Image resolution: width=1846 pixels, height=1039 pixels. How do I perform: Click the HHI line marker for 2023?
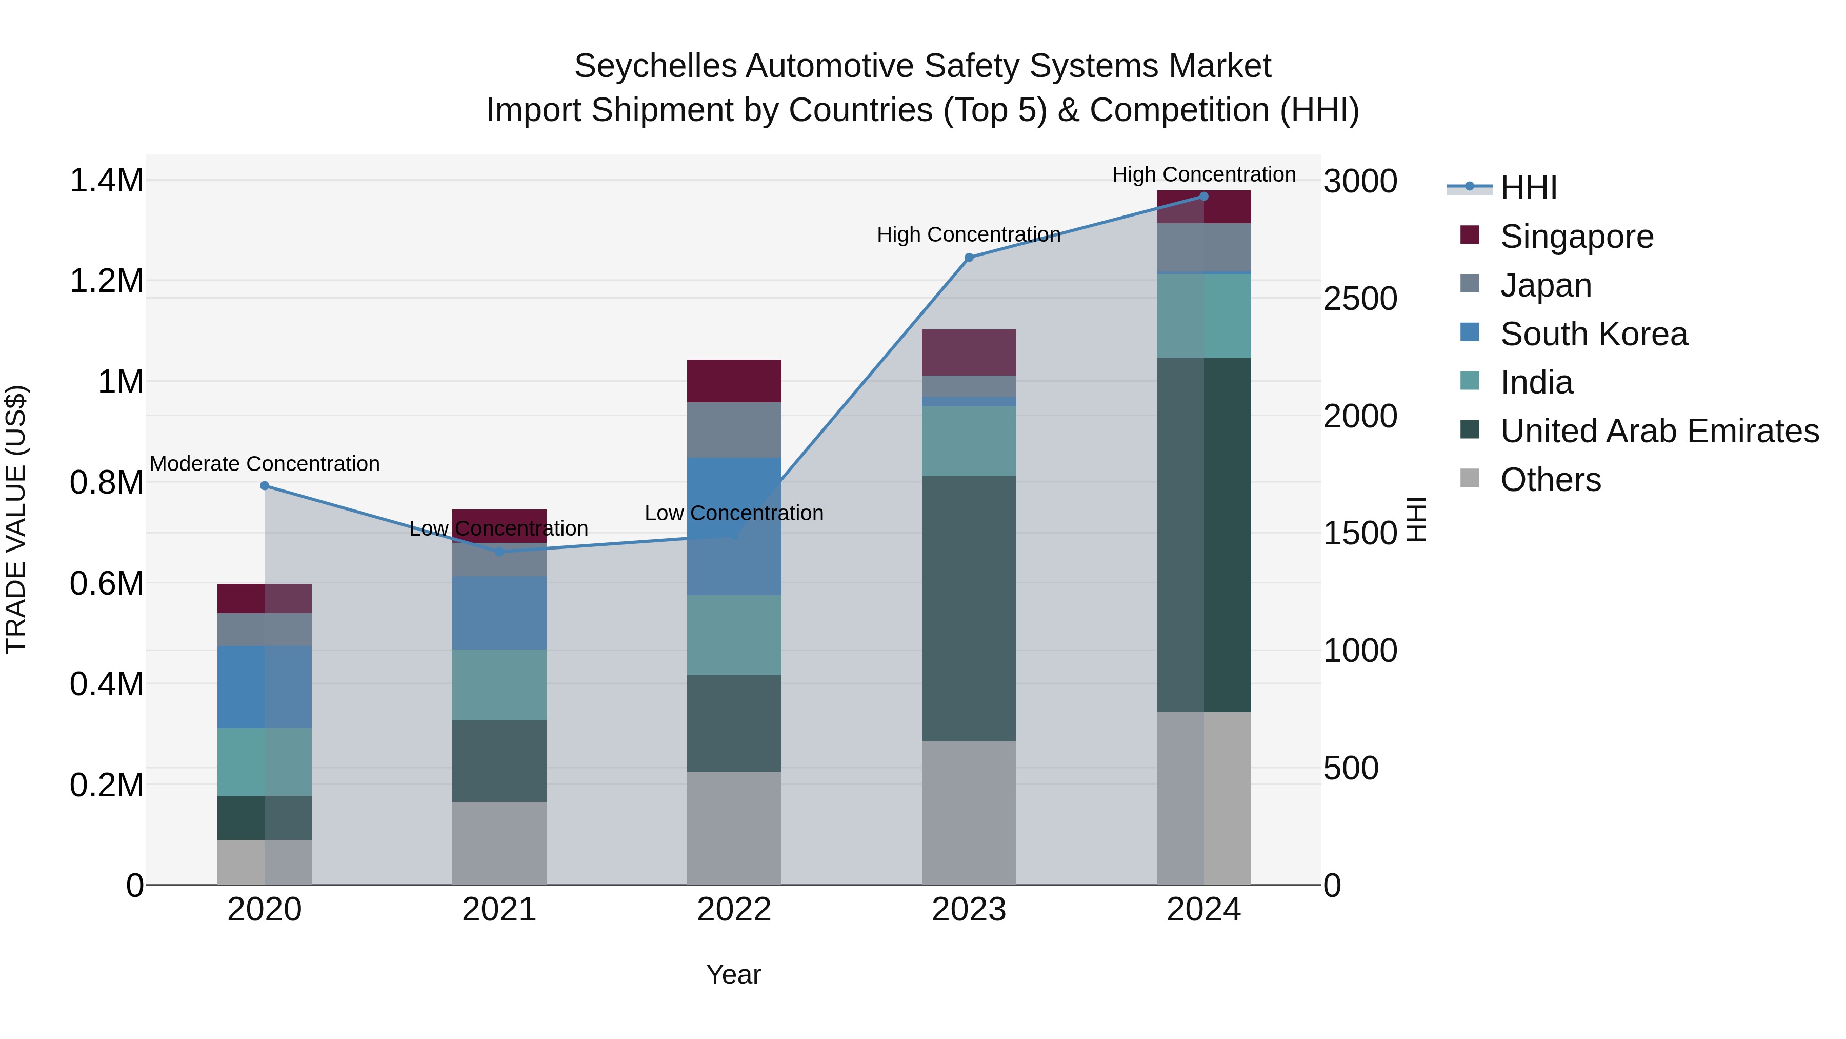click(969, 258)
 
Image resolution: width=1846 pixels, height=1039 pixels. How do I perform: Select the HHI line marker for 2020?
click(265, 485)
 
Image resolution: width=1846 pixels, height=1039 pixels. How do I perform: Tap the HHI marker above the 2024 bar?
click(1204, 197)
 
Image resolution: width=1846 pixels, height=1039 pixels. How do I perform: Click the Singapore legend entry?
click(1577, 237)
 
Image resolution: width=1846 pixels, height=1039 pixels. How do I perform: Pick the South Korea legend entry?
click(1594, 334)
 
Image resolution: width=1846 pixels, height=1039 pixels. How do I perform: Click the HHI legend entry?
click(1528, 188)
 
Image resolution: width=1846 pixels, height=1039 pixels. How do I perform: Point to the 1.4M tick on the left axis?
click(106, 181)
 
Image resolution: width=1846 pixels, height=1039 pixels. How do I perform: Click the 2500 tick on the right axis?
click(1359, 299)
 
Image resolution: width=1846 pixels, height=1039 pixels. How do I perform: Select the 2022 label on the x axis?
click(734, 910)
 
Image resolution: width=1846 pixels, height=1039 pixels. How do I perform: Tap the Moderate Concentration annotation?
click(265, 464)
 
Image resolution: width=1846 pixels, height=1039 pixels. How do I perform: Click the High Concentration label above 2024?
click(1204, 174)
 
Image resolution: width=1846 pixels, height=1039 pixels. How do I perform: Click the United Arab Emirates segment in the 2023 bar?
click(969, 608)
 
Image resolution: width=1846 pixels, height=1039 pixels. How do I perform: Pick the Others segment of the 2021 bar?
click(499, 842)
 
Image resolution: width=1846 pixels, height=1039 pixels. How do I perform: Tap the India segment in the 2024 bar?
click(1204, 316)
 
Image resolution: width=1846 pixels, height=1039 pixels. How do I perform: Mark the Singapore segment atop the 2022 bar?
click(734, 381)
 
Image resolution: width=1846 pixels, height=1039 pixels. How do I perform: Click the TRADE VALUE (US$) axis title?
click(16, 519)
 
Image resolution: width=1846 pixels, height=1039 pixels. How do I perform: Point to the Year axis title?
click(734, 974)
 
